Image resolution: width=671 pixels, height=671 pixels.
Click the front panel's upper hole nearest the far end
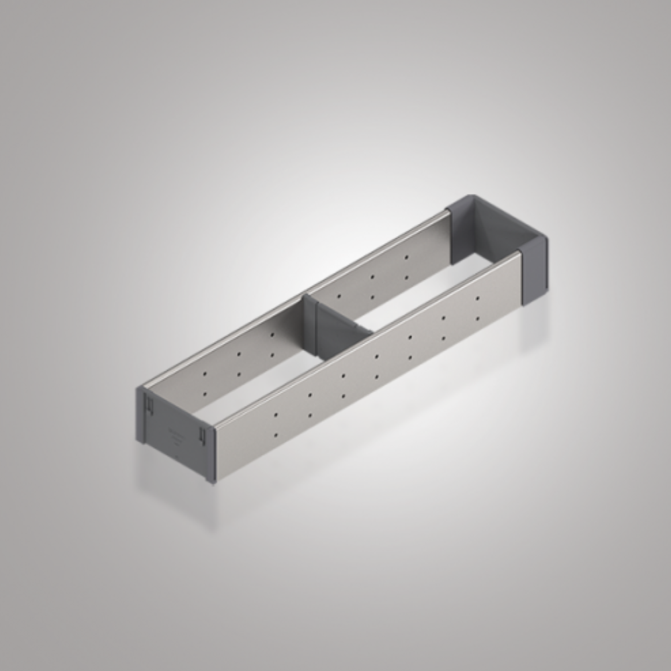477,299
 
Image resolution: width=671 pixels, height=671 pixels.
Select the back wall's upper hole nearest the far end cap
406,257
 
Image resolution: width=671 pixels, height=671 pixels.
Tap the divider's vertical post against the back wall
309,322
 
